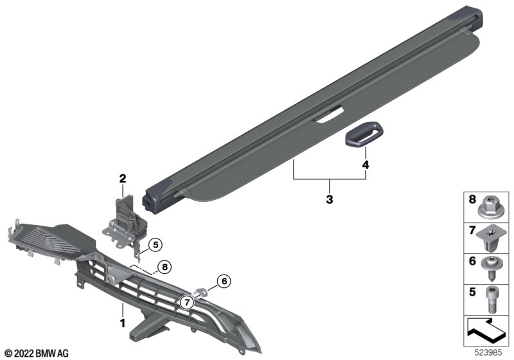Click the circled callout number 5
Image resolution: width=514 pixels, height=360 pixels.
(155, 244)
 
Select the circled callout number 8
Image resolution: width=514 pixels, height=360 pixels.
(164, 267)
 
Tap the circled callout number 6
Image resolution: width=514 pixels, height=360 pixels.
(224, 282)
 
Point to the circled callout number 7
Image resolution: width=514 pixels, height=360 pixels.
(187, 303)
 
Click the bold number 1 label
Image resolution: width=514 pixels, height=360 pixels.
(123, 323)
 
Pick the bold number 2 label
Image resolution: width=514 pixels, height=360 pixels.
(123, 179)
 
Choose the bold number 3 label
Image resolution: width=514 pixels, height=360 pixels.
(330, 199)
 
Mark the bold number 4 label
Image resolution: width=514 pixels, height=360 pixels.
(366, 165)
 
